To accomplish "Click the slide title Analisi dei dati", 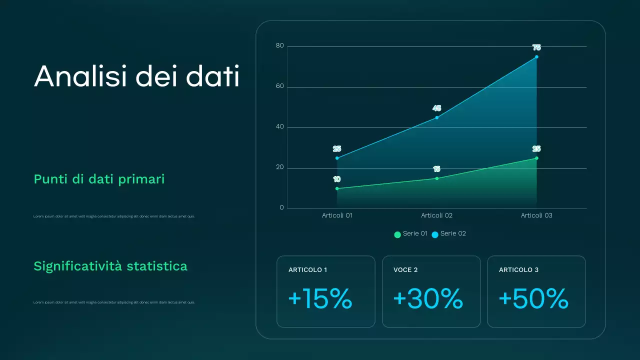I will click(136, 76).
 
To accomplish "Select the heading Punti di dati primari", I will click(99, 179).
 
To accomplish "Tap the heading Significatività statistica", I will click(110, 266).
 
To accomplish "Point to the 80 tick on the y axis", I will click(279, 46).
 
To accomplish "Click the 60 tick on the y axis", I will click(279, 86).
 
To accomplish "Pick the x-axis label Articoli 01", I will click(337, 215).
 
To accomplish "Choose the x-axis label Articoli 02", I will click(436, 215).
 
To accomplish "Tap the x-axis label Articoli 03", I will click(536, 215).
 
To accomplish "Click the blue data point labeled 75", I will click(536, 57).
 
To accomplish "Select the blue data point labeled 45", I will click(437, 117).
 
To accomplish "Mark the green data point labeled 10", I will click(337, 188).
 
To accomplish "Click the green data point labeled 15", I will click(437, 178).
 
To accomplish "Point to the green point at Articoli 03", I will click(536, 158).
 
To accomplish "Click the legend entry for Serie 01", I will click(410, 234).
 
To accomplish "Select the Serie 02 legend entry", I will click(448, 234).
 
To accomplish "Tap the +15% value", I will click(320, 299).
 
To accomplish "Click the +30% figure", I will click(428, 299).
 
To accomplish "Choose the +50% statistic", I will click(533, 299).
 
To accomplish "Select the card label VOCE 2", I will click(405, 270).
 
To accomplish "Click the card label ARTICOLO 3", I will click(518, 270).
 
